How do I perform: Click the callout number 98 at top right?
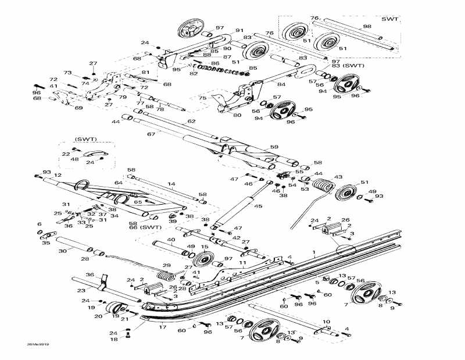(x=367, y=27)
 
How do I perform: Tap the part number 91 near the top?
(x=239, y=30)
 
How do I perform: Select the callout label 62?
(x=191, y=122)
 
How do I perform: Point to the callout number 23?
(x=82, y=290)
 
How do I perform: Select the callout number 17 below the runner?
(x=162, y=327)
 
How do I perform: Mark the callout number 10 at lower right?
(x=325, y=321)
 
